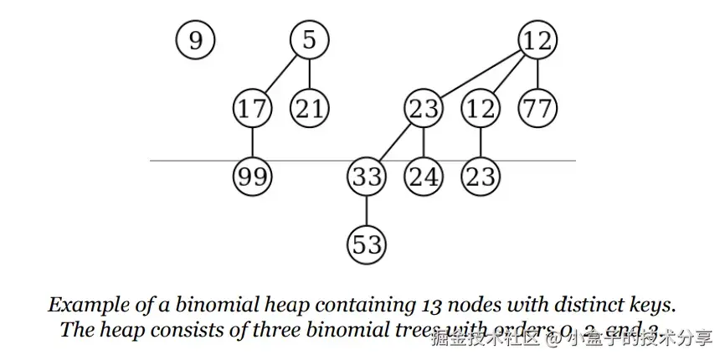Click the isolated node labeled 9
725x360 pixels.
(x=195, y=40)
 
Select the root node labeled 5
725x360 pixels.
(x=310, y=40)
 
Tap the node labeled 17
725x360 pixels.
(x=252, y=109)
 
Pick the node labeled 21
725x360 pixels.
(x=310, y=109)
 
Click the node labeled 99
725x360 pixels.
(x=252, y=177)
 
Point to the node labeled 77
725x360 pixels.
(x=537, y=109)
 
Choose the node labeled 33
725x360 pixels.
(x=367, y=177)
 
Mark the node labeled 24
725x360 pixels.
(x=424, y=177)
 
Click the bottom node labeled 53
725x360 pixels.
(x=367, y=244)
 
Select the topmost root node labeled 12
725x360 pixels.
(x=537, y=40)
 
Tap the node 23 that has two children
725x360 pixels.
(x=424, y=109)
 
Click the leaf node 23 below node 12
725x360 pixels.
(x=481, y=177)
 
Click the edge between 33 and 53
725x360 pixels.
(x=367, y=210)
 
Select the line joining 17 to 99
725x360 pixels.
(x=252, y=142)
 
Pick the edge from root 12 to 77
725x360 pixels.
(x=537, y=75)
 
